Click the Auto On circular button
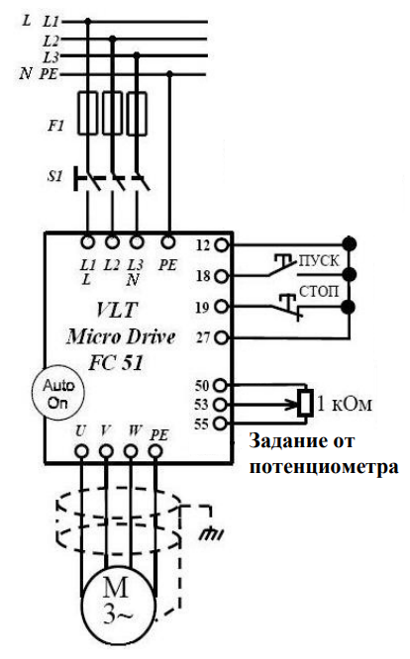point(58,393)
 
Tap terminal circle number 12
point(222,244)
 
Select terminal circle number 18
point(222,276)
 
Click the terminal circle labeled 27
point(222,337)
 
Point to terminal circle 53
point(220,405)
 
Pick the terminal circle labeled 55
point(220,423)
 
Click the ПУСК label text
point(318,261)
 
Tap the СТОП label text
point(319,291)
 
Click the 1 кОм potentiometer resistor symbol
point(305,403)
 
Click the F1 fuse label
point(55,126)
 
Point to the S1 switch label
point(54,176)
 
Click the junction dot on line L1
point(87,21)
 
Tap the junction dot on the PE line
point(169,74)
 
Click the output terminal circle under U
point(81,452)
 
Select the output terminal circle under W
point(131,452)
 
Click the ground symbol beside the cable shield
point(212,533)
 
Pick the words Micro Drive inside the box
point(121,337)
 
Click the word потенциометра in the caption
point(324,468)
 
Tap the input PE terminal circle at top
point(168,242)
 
